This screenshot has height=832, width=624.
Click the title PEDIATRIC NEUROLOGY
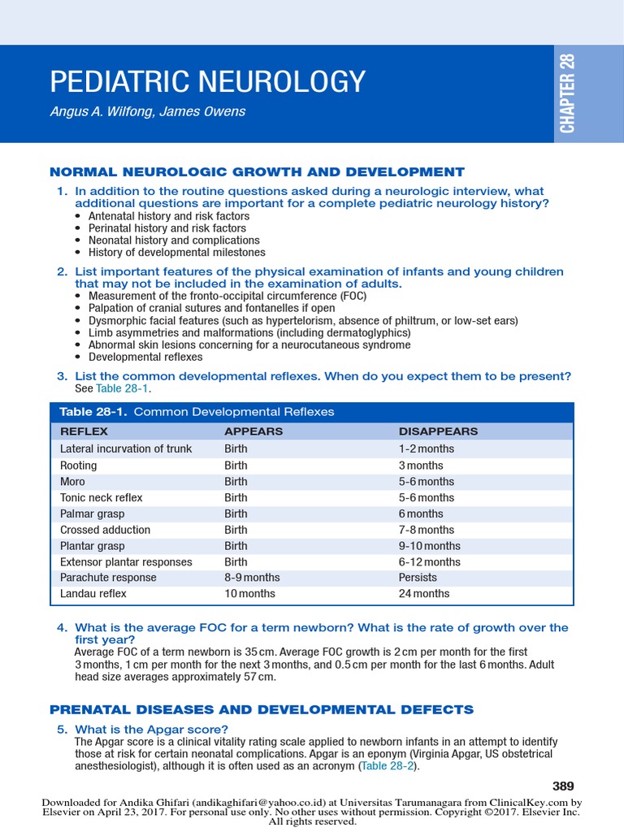207,82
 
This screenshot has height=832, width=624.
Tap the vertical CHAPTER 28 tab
566,93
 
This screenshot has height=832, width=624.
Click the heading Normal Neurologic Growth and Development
257,171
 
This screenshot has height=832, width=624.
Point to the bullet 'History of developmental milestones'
176,253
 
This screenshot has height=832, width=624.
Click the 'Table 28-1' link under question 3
123,388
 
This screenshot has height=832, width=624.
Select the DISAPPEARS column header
438,431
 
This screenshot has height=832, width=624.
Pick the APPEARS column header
253,431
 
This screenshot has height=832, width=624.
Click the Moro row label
72,482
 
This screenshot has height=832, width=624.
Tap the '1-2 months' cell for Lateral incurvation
426,448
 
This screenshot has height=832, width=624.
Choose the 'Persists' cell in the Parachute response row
418,578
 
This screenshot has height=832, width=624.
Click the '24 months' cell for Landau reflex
423,594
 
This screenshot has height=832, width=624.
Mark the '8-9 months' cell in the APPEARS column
252,578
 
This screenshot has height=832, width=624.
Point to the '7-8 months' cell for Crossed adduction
426,530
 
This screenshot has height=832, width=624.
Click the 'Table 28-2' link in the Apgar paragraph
388,766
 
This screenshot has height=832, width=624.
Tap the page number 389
562,786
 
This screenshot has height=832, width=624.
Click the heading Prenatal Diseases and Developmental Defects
262,709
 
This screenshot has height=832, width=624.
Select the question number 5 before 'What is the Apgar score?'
62,730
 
